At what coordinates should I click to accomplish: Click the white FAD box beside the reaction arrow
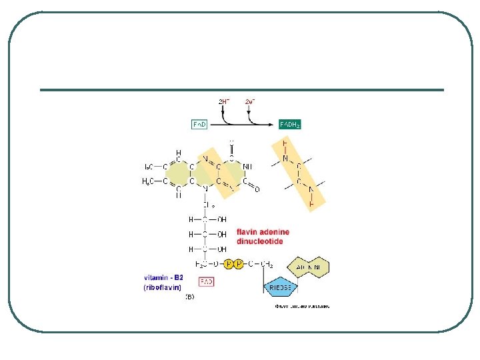click(x=199, y=124)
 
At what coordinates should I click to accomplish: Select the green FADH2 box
click(x=290, y=124)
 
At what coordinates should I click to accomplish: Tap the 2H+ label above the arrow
click(x=225, y=101)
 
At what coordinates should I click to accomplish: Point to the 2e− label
click(x=250, y=101)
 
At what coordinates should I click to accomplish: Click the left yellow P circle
click(x=229, y=265)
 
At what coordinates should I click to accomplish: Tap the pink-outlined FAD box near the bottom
click(x=207, y=282)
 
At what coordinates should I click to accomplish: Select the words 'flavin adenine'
click(x=263, y=233)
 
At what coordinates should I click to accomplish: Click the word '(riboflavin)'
click(x=163, y=287)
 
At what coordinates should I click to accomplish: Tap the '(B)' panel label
click(x=190, y=297)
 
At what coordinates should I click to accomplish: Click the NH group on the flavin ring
click(x=247, y=167)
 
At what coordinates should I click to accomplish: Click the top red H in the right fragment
click(x=285, y=143)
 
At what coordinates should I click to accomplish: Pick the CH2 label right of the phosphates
click(x=265, y=265)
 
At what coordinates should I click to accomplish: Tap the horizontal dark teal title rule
click(x=241, y=90)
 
